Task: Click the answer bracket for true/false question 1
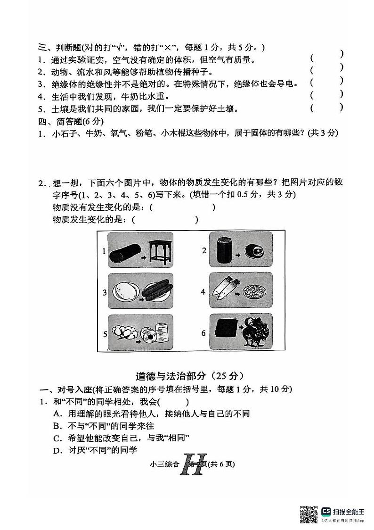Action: (x=326, y=58)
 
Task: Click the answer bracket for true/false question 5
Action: (x=326, y=108)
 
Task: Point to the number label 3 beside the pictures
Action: (x=105, y=293)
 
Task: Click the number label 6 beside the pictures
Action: (x=203, y=333)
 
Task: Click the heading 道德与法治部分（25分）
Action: (x=189, y=376)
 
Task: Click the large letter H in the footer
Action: (x=194, y=465)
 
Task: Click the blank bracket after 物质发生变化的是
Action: (x=165, y=219)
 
